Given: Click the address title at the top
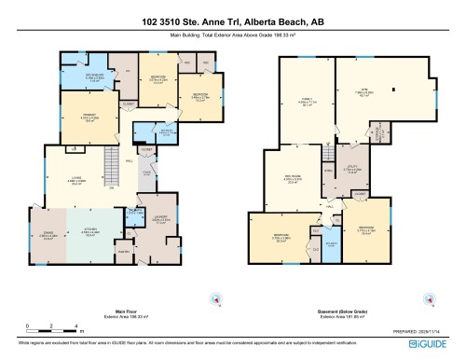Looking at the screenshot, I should click(232, 21).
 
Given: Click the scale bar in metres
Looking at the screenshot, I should click(54, 327).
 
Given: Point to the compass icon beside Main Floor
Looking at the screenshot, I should click(216, 299).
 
